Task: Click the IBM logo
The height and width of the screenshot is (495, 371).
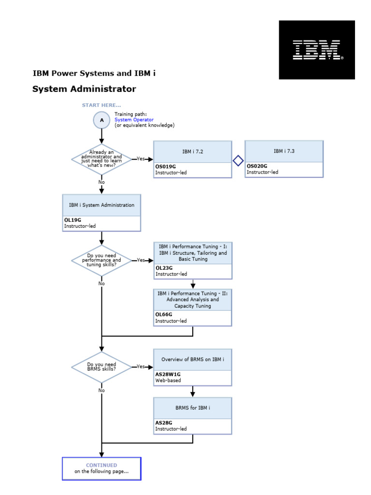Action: pyautogui.click(x=317, y=50)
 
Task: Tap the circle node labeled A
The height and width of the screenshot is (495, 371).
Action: pyautogui.click(x=101, y=120)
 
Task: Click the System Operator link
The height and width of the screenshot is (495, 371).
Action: pyautogui.click(x=134, y=120)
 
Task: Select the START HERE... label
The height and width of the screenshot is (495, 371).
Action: pyautogui.click(x=101, y=105)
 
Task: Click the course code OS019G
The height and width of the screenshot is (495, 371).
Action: pyautogui.click(x=165, y=166)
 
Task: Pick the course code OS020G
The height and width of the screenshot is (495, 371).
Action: pyautogui.click(x=257, y=166)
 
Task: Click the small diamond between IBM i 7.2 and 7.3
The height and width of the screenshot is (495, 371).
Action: pyautogui.click(x=238, y=161)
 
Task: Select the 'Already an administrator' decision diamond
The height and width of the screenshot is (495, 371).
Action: pyautogui.click(x=101, y=159)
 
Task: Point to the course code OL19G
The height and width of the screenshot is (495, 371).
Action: pyautogui.click(x=72, y=220)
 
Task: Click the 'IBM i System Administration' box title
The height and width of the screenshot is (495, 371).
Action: pyautogui.click(x=101, y=205)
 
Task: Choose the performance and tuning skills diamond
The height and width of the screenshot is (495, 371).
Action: pyautogui.click(x=101, y=260)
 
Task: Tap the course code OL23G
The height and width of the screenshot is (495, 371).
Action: pyautogui.click(x=164, y=268)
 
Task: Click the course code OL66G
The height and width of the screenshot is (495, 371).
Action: pyautogui.click(x=164, y=315)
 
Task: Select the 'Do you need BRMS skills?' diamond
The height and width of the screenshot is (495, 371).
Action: pyautogui.click(x=101, y=367)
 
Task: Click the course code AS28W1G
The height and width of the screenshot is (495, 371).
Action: pyautogui.click(x=168, y=374)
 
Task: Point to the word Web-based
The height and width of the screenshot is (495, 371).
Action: pyautogui.click(x=168, y=380)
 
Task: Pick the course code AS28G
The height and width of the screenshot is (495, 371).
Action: pyautogui.click(x=163, y=423)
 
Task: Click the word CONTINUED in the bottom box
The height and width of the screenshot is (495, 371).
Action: pyautogui.click(x=101, y=466)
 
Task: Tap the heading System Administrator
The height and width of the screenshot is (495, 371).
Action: pyautogui.click(x=84, y=89)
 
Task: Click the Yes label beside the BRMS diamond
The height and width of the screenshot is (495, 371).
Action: pyautogui.click(x=140, y=366)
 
